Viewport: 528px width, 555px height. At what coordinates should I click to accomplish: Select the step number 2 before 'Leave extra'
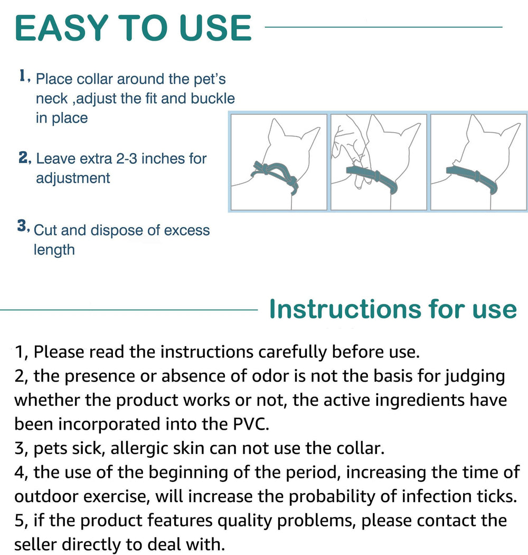click(23, 158)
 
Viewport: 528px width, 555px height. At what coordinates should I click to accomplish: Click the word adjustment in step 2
click(73, 178)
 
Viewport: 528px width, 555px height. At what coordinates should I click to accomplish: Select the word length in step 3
click(54, 249)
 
